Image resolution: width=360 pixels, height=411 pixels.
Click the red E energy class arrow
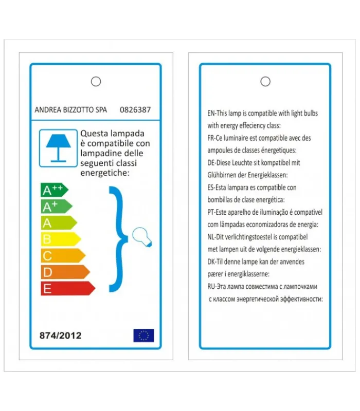coord(67,288)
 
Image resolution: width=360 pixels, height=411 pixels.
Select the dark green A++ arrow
coord(53,190)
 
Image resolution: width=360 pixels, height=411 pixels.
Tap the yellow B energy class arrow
coord(60,239)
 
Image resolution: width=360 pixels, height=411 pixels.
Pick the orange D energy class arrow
coord(64,272)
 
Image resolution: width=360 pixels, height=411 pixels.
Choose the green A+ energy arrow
coord(56,207)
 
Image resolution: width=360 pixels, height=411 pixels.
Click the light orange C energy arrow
coord(62,255)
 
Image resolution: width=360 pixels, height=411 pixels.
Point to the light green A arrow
coord(58,223)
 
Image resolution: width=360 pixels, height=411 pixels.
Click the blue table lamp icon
coord(58,147)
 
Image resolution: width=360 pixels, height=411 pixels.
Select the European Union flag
coord(143,335)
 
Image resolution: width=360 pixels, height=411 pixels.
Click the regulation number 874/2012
coord(60,336)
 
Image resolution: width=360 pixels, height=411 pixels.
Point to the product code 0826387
coord(135,109)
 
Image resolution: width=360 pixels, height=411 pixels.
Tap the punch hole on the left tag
coord(96,81)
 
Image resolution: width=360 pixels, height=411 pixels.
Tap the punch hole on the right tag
coord(265,81)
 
